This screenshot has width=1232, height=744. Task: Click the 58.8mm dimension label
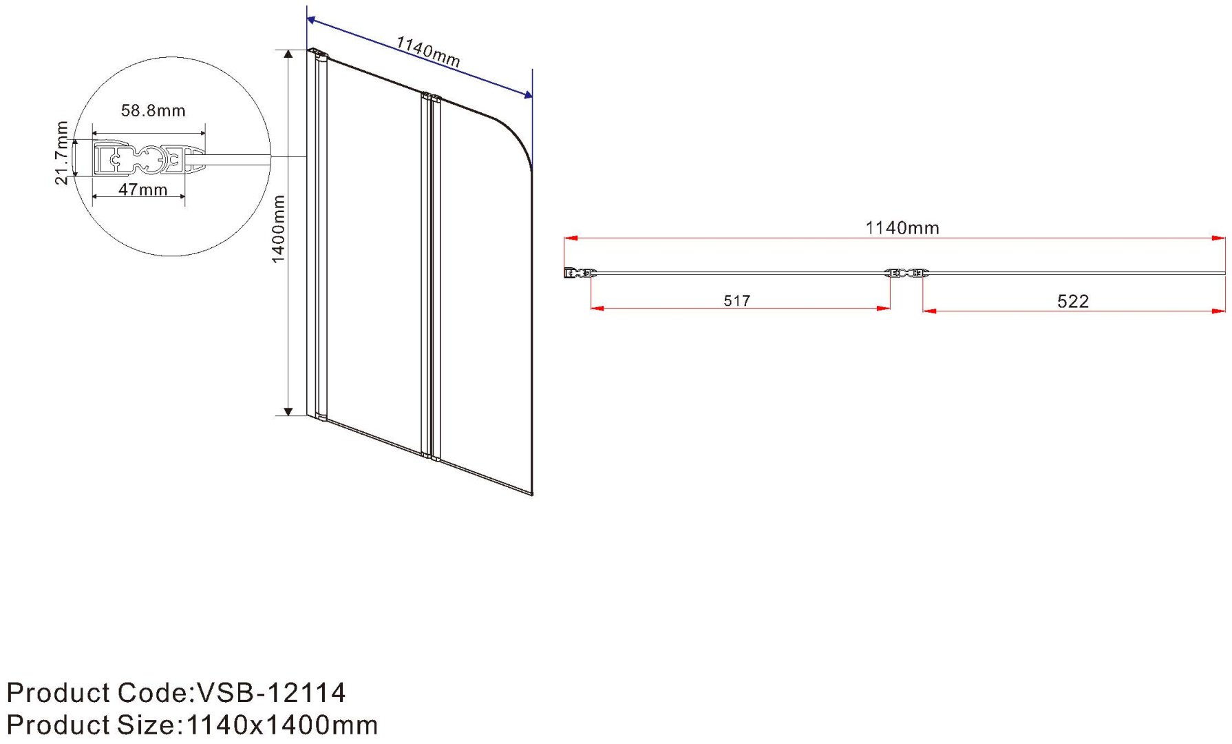point(153,110)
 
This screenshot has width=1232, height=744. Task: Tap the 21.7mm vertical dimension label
point(62,153)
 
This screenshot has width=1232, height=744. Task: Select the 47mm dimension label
point(143,189)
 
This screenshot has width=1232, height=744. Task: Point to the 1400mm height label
point(278,229)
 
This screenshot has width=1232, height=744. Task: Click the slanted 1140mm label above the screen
point(428,52)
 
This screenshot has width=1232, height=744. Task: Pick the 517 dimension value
point(736,300)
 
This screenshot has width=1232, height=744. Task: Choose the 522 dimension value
point(1073,301)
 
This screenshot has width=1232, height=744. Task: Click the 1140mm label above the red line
point(902,228)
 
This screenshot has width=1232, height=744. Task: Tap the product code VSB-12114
point(271,692)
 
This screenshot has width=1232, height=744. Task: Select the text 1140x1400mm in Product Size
point(282,725)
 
